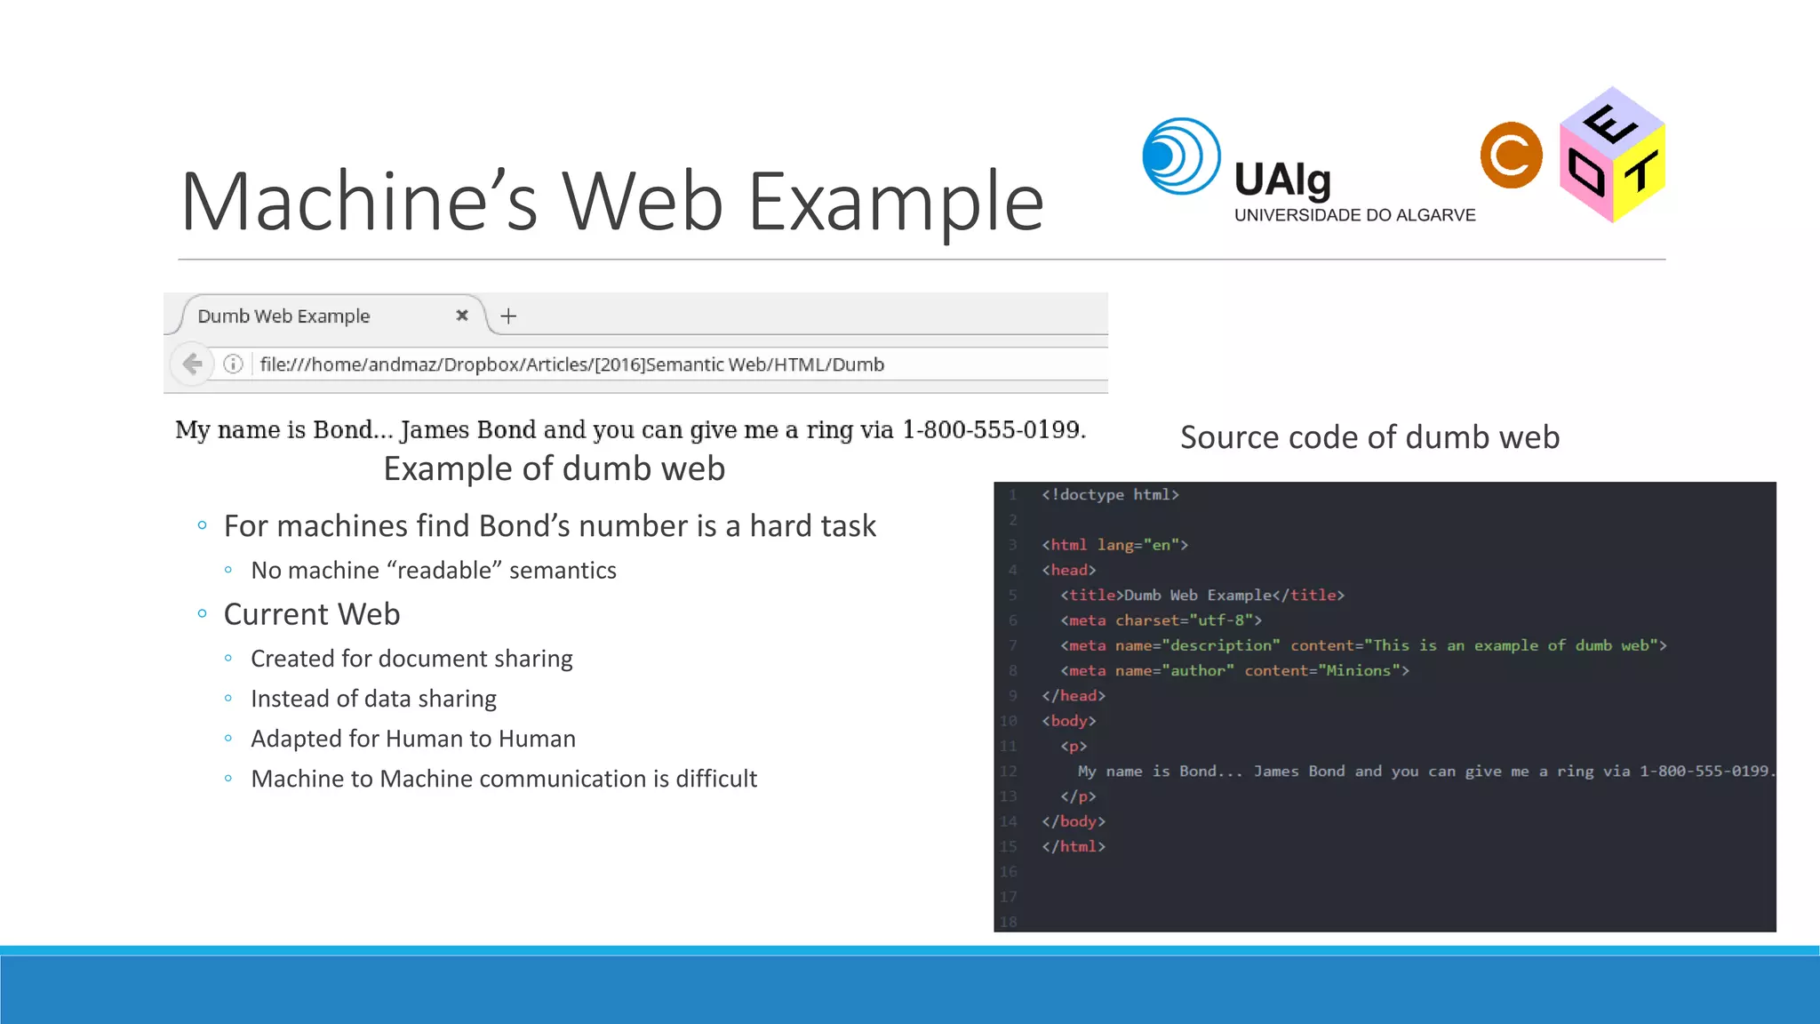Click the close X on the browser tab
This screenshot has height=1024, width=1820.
coord(462,316)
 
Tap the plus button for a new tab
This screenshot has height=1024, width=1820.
coord(508,316)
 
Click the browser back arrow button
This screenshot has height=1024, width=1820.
coord(192,364)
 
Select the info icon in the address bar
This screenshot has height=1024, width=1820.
coord(233,364)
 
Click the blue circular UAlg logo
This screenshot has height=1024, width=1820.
coord(1180,156)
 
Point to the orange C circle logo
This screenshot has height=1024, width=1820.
coord(1511,156)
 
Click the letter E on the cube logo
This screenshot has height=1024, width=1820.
coord(1609,124)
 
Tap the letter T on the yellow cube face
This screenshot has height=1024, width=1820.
coord(1640,172)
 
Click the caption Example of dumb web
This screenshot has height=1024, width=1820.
coord(554,468)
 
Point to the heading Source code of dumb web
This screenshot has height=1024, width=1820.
coord(1369,437)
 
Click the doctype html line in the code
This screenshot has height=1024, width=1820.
coord(1110,494)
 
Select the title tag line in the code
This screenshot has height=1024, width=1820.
coord(1201,595)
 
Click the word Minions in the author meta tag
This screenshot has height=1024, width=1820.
coord(1358,670)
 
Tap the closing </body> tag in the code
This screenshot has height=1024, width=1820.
coord(1074,821)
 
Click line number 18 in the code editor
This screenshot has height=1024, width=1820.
coord(1008,922)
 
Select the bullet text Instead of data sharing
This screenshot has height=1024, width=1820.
coord(373,699)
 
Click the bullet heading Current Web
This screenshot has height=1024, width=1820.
coord(312,614)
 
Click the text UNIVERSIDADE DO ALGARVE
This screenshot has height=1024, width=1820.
coord(1354,215)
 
